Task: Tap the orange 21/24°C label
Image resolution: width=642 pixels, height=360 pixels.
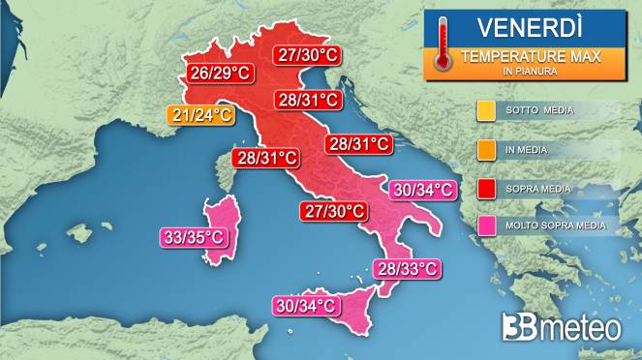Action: [x=201, y=116]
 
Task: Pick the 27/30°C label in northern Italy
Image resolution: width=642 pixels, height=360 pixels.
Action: [x=307, y=55]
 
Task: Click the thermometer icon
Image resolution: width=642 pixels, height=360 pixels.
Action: [x=443, y=44]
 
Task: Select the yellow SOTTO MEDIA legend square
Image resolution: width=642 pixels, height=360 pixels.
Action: [x=486, y=110]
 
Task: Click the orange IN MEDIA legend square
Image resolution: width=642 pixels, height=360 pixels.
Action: [x=486, y=150]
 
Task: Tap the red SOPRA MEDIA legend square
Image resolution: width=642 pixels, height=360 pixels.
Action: [x=486, y=189]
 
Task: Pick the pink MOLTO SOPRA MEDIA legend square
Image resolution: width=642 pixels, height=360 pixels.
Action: [x=486, y=227]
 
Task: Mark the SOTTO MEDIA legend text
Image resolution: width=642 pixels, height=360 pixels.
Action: [x=539, y=110]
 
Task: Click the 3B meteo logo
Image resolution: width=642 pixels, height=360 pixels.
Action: [x=562, y=327]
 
